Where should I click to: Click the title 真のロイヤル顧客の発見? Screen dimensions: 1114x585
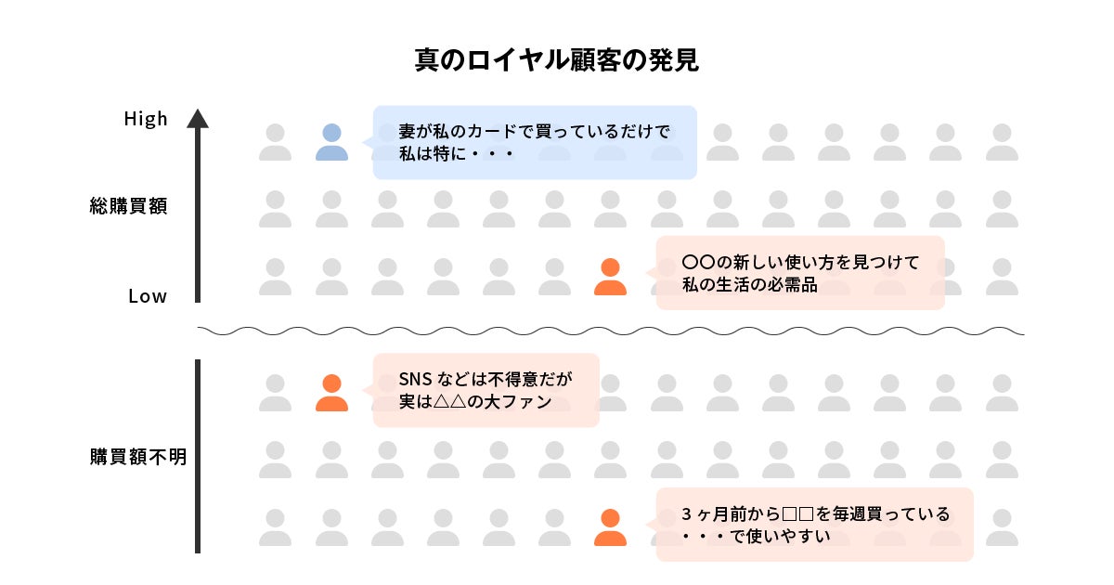point(556,60)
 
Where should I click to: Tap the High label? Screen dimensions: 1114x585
point(146,119)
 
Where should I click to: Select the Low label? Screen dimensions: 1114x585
point(148,296)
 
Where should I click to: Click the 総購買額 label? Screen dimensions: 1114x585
point(128,206)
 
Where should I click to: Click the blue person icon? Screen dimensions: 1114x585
point(331,142)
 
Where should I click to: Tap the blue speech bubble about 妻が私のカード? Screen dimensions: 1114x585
point(534,141)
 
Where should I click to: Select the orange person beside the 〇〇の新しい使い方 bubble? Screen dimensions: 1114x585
point(610,277)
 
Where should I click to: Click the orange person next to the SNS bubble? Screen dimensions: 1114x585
point(331,393)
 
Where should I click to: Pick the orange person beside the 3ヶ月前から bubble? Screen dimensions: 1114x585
point(610,527)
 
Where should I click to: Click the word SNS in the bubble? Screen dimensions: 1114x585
point(415,380)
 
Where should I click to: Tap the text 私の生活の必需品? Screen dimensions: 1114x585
point(749,285)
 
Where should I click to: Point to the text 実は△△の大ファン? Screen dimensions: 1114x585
point(475,402)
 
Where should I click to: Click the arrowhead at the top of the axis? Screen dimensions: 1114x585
point(198,118)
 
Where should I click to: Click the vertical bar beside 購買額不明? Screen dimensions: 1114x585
point(198,456)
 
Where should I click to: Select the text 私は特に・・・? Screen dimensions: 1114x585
point(456,152)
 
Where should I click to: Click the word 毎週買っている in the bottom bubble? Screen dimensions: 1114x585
point(883,513)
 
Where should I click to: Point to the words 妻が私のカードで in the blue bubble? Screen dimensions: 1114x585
point(464,131)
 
